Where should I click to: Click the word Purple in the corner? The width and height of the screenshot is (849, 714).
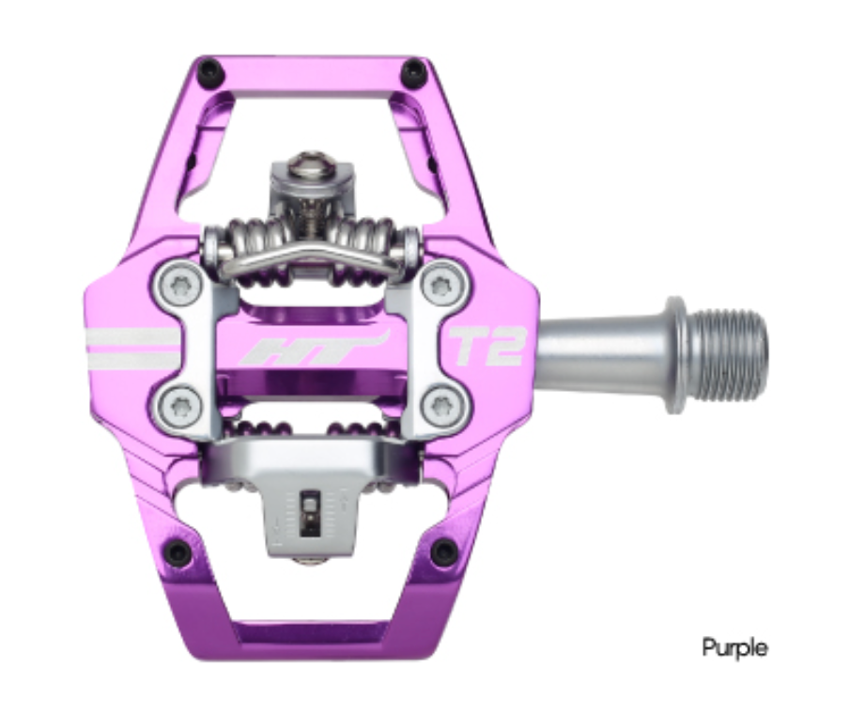[x=734, y=647]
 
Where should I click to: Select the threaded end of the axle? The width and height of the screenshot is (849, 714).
[x=734, y=354]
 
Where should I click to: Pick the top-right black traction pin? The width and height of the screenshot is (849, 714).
[x=412, y=71]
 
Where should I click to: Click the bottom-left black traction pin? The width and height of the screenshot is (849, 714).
[x=176, y=551]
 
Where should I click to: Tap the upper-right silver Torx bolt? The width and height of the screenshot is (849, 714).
[x=441, y=283]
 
